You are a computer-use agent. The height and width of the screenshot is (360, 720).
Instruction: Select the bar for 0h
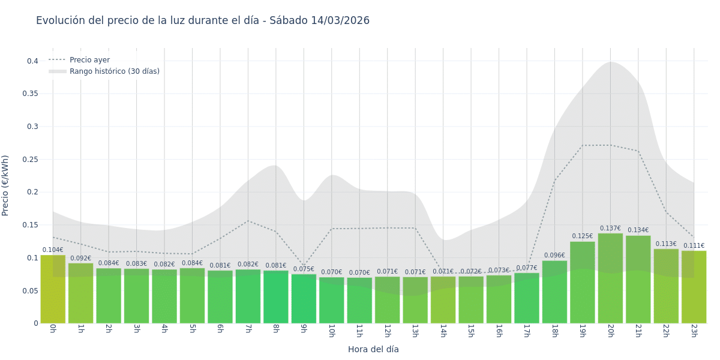(x=53, y=289)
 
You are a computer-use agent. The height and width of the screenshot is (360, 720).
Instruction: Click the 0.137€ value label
(x=610, y=229)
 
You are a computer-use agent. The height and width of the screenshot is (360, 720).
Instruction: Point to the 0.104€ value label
(x=53, y=250)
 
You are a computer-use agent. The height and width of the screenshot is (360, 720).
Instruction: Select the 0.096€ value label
(x=554, y=256)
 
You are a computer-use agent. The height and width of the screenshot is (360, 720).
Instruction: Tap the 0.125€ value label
(x=582, y=236)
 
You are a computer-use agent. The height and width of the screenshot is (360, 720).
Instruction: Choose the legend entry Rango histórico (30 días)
(x=114, y=71)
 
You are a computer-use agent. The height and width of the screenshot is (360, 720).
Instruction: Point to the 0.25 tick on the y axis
(x=30, y=160)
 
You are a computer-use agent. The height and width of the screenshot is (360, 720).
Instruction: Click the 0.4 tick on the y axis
(x=32, y=61)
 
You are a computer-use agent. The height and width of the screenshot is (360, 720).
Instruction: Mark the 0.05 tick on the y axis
(x=30, y=291)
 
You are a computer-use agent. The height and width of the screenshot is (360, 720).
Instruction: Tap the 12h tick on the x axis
(x=387, y=331)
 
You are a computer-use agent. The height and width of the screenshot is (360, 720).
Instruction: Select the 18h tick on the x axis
(x=554, y=331)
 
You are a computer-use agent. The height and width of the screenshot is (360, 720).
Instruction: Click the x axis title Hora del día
(x=373, y=349)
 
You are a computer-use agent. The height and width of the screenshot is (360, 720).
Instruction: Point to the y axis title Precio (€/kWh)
(x=5, y=185)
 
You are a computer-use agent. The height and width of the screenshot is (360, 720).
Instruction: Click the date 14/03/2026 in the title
(x=340, y=20)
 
